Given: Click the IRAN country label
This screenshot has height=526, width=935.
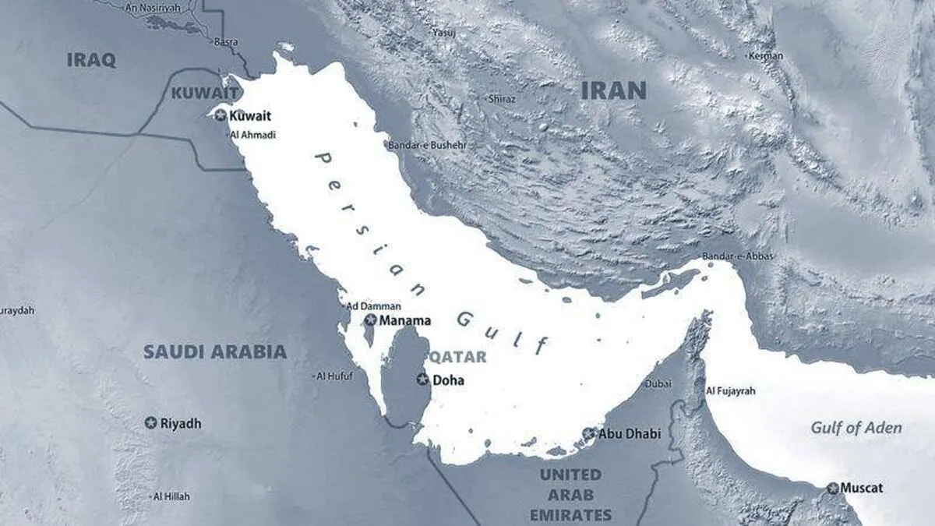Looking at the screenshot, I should [614, 90].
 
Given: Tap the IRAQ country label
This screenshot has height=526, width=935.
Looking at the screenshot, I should [91, 60].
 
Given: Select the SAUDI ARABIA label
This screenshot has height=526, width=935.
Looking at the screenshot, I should [215, 351].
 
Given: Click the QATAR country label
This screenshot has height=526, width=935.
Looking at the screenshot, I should [457, 357].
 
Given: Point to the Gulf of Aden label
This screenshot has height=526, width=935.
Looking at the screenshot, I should [856, 427].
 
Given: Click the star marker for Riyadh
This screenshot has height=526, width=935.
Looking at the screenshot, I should [150, 422].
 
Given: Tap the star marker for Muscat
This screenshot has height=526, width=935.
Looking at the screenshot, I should [833, 488].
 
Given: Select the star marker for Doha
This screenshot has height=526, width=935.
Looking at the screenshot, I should [422, 379].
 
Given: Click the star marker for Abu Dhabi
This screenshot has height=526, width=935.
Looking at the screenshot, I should [589, 433].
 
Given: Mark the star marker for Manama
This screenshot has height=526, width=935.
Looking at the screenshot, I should [371, 319].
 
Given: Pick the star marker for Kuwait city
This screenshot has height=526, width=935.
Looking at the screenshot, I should [221, 115].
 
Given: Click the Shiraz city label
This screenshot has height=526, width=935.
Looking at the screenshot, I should [501, 99].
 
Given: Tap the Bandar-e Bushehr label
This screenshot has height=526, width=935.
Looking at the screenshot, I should [428, 144].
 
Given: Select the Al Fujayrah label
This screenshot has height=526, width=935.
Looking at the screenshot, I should [730, 390].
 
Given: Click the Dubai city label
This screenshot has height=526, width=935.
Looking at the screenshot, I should [658, 383].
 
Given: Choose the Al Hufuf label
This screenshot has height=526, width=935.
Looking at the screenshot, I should [334, 376].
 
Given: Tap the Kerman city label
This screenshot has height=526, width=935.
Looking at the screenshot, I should [765, 55].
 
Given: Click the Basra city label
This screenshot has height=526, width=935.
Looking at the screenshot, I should [226, 41].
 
